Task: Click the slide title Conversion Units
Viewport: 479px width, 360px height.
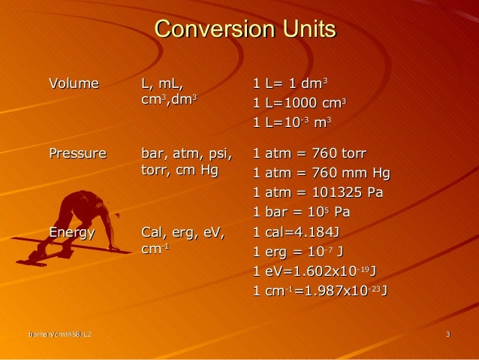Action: coord(245,30)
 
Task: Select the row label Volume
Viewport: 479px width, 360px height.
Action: coord(74,83)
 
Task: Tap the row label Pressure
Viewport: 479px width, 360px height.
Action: coord(77,154)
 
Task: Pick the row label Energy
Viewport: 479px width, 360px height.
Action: coord(72,232)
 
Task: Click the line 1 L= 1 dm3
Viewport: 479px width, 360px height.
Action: coord(291,83)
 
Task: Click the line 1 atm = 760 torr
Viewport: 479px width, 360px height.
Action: coord(309,154)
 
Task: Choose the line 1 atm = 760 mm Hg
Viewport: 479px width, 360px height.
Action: coord(321,174)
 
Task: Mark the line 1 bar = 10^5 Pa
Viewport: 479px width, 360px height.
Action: coord(301,212)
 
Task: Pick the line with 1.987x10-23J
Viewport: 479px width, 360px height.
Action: coord(321,290)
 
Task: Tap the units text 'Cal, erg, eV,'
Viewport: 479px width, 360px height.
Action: coord(182,232)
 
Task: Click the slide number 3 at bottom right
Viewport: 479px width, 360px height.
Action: coord(447,334)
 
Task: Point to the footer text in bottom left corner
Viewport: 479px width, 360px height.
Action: coord(61,334)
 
